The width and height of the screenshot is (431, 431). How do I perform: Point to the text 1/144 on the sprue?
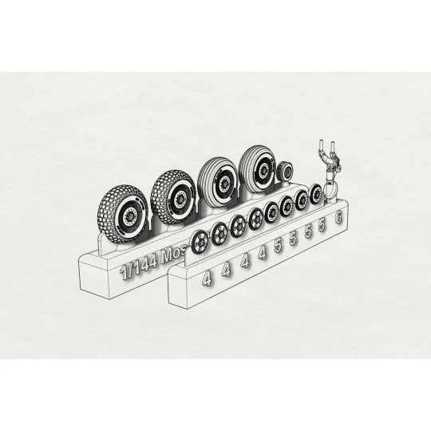point(138,267)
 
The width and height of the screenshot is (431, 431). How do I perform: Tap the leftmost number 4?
point(207,279)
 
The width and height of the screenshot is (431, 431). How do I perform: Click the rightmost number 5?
point(322,226)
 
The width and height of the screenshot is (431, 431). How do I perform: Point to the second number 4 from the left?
point(226,270)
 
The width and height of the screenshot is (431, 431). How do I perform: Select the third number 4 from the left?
point(244,261)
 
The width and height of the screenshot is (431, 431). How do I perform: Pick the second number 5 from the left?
point(294,239)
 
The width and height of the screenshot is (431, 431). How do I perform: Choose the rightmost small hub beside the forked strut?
point(317,193)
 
